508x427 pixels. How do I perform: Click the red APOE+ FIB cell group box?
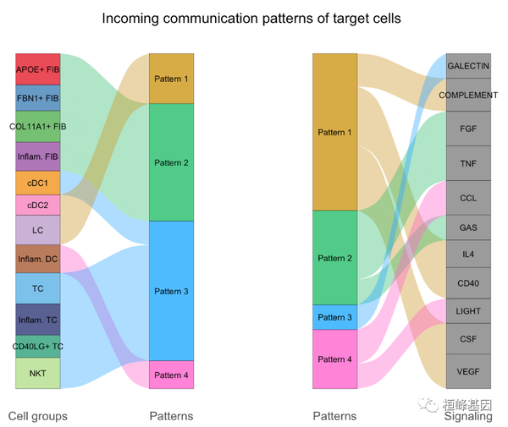tap(38, 69)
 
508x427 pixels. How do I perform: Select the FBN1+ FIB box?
tap(38, 98)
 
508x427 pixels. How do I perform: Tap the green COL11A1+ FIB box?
tap(38, 126)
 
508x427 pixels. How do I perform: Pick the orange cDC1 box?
tap(38, 183)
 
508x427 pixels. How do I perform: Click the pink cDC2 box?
tap(38, 205)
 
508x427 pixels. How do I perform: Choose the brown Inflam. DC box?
tap(38, 259)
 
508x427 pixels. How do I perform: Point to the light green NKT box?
tap(38, 373)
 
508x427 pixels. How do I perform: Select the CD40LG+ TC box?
tap(38, 347)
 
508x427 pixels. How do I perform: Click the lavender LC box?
tap(38, 230)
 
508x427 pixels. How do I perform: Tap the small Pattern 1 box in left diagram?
tap(172, 79)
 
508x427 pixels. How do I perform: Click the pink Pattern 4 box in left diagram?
tap(172, 375)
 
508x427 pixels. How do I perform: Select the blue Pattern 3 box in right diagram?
tap(334, 317)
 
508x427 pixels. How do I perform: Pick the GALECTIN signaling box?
tap(468, 66)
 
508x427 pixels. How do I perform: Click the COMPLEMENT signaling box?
tap(468, 96)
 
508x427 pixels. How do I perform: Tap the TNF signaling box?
tap(468, 163)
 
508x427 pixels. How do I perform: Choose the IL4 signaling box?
tap(468, 254)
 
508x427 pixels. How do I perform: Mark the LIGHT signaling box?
tap(468, 311)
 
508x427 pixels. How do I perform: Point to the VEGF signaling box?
tap(468, 371)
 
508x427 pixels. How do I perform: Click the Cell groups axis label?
tap(38, 416)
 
